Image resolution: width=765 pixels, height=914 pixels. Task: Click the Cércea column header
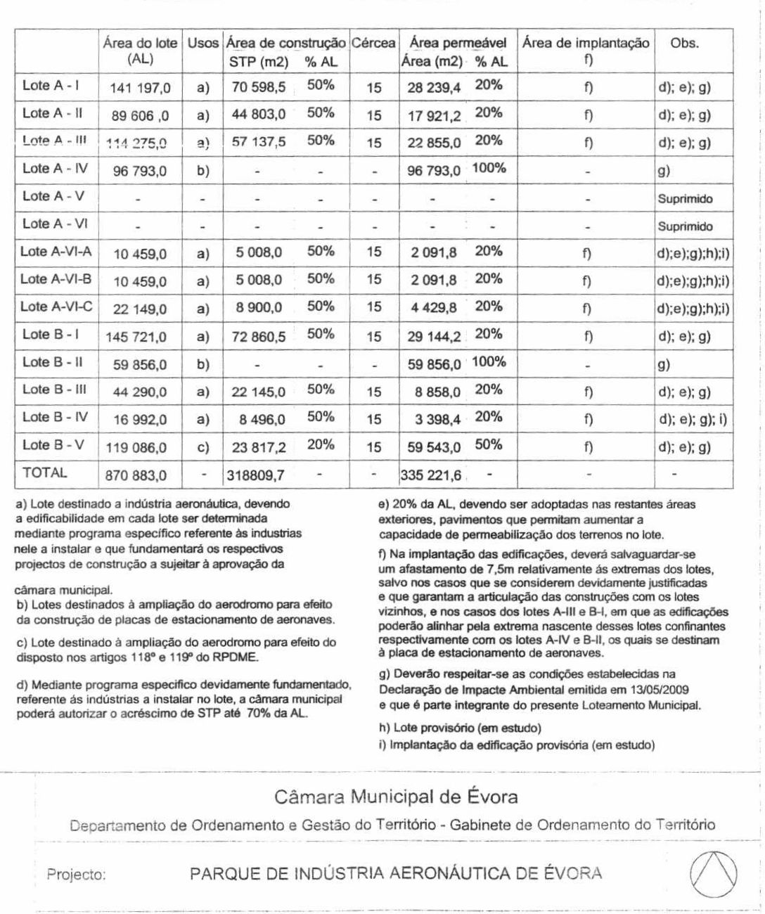coord(373,44)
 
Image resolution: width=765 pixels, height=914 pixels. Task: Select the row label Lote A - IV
coord(56,169)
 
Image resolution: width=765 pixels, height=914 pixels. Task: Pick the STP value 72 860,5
coord(259,337)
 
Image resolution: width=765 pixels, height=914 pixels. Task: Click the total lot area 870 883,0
coord(136,475)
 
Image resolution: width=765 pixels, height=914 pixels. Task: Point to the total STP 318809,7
coord(255,475)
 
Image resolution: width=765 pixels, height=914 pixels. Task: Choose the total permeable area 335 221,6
coord(431,475)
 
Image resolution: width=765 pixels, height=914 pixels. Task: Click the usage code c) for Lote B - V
coord(203,447)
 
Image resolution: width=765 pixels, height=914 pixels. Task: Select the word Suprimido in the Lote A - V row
coord(685,199)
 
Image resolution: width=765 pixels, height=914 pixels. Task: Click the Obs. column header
coord(684,44)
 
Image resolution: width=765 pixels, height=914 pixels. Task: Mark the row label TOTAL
coord(45,472)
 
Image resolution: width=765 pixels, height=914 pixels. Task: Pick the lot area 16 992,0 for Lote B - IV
coord(141,420)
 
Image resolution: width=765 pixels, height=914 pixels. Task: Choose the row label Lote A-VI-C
coord(57,307)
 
